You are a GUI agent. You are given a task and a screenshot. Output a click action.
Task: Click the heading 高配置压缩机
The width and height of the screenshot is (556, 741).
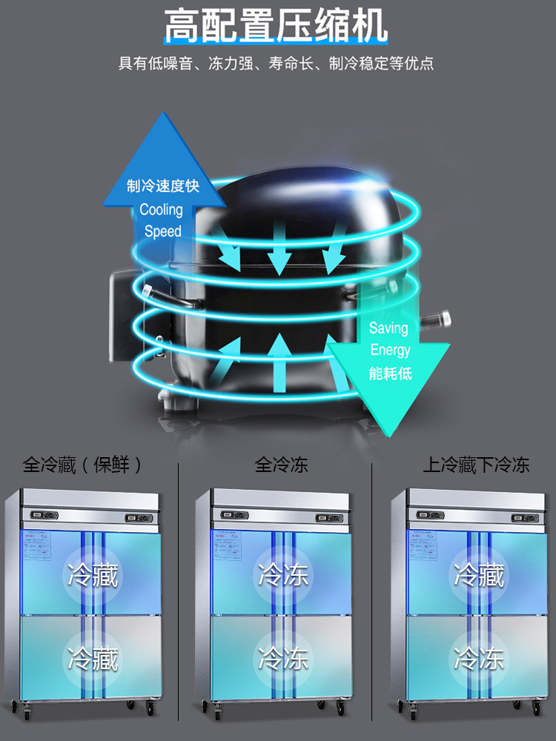click(x=276, y=27)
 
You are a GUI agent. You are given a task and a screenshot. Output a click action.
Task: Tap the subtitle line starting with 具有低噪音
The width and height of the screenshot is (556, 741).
click(x=276, y=63)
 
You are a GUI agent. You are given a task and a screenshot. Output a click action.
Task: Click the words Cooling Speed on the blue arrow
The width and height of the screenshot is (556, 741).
click(x=162, y=220)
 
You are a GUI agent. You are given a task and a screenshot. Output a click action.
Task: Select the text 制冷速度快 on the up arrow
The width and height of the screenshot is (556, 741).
click(x=163, y=185)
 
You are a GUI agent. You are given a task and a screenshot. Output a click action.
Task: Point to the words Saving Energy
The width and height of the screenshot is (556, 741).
click(x=390, y=339)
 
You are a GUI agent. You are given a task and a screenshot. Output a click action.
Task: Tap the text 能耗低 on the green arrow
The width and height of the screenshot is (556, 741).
click(x=390, y=373)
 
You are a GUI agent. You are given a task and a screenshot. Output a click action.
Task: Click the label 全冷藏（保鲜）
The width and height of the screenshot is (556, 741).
click(x=82, y=465)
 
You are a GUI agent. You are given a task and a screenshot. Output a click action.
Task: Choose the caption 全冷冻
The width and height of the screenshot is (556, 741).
click(x=281, y=465)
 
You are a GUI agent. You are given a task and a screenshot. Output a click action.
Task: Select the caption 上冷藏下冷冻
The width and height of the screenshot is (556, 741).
click(x=476, y=465)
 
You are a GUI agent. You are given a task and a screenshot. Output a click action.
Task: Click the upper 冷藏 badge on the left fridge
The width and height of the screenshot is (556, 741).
click(x=93, y=574)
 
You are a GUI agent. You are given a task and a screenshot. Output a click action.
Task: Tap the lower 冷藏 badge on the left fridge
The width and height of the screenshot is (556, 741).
click(x=93, y=657)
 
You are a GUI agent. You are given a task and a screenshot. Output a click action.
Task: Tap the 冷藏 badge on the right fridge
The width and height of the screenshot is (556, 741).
click(x=479, y=574)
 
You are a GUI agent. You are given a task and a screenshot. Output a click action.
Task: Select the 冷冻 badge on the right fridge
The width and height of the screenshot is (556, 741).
click(x=479, y=657)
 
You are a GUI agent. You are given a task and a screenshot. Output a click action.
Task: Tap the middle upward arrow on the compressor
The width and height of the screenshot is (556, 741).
click(x=279, y=363)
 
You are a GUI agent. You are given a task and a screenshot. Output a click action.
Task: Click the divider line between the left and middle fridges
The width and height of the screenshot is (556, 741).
click(x=179, y=585)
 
